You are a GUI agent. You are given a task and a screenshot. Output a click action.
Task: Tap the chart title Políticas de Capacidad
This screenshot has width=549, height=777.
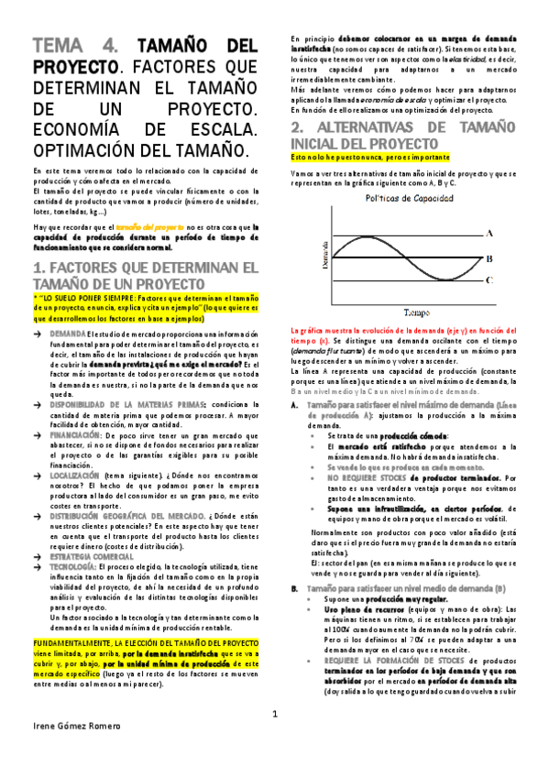click(407, 197)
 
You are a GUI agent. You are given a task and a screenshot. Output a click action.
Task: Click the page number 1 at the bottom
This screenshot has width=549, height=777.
click(274, 740)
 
